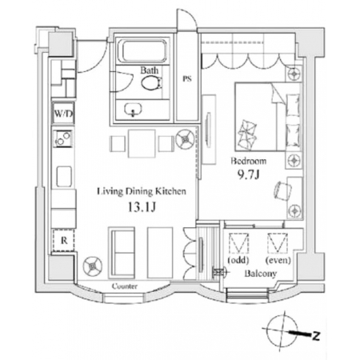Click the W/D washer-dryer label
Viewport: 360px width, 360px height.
[63, 114]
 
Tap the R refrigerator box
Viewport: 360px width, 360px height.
[64, 240]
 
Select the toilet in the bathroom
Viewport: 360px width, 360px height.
[152, 83]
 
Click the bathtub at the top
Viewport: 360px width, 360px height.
[144, 51]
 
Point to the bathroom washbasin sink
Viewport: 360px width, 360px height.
[133, 110]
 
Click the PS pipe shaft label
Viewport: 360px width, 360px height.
[187, 79]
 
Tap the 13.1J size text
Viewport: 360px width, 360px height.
[142, 207]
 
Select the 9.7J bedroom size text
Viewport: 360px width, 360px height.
[249, 174]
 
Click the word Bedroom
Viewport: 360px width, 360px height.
[249, 161]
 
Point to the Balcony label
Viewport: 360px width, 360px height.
[261, 274]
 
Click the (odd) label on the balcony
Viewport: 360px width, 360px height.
[238, 260]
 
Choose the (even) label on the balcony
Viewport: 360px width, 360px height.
[278, 260]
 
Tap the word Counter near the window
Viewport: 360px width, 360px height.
[125, 286]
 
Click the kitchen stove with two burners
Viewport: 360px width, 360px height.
[63, 138]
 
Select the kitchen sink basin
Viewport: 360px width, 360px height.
[64, 176]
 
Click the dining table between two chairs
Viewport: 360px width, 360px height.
[142, 143]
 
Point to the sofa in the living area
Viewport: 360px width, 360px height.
[122, 253]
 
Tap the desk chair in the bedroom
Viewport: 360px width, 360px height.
[283, 190]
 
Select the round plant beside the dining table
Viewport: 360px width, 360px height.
[185, 138]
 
